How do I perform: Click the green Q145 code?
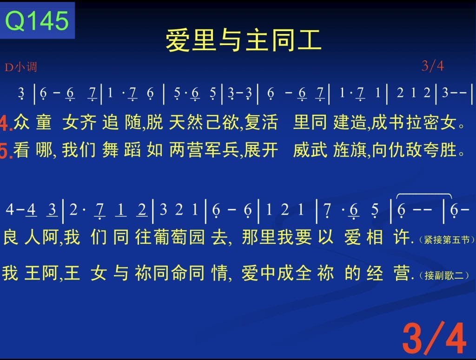pyautogui.click(x=37, y=20)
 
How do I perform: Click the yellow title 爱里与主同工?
pyautogui.click(x=244, y=40)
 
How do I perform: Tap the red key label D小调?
pyautogui.click(x=20, y=67)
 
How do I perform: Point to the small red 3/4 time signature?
pyautogui.click(x=433, y=65)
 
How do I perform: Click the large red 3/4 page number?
pyautogui.click(x=434, y=338)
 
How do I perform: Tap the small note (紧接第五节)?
pyautogui.click(x=446, y=240)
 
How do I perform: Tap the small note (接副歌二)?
pyautogui.click(x=444, y=275)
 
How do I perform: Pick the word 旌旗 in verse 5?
pyautogui.click(x=350, y=150)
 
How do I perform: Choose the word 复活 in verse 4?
pyautogui.click(x=261, y=122)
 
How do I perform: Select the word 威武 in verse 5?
pyautogui.click(x=310, y=150)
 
